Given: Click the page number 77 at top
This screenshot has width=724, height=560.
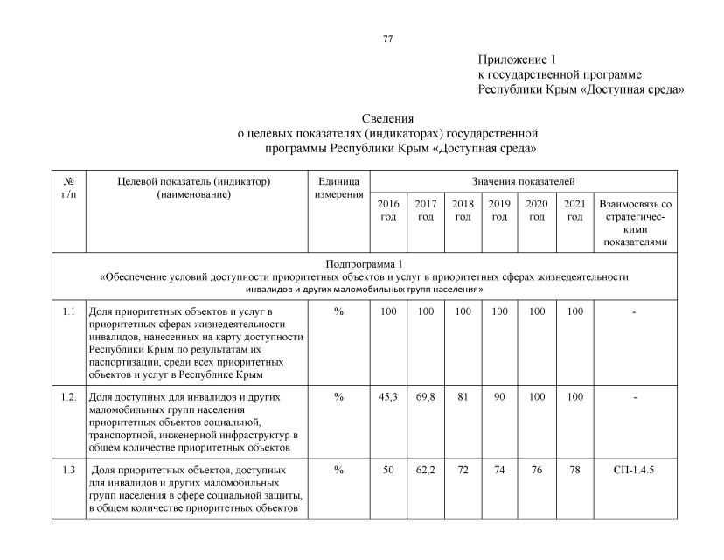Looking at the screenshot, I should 388,38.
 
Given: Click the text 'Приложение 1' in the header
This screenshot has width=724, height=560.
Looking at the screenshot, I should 517,59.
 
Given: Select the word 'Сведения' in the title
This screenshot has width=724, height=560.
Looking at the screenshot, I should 387,118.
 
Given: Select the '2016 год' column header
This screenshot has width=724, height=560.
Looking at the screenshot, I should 388,210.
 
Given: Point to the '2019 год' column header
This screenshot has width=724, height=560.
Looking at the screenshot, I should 499,210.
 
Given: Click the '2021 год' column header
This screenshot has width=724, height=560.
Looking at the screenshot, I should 574,210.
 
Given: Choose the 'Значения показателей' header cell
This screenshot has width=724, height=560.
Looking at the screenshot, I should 523,181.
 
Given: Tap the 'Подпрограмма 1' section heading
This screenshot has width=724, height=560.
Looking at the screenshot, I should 364,263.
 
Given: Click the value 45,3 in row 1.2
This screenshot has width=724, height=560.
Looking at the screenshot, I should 388,397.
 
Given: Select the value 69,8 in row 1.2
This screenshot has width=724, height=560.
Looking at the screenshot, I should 426,397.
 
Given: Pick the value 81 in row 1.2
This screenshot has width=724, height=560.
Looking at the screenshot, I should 463,397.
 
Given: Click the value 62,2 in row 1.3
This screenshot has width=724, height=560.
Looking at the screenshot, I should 426,470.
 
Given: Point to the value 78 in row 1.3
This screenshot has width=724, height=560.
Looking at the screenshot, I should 574,470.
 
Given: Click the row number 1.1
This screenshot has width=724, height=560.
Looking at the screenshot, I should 69,311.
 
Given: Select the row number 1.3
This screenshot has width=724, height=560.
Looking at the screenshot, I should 69,470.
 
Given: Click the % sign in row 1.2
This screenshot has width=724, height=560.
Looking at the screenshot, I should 338,397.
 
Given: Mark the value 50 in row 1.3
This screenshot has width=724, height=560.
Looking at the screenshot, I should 388,470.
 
